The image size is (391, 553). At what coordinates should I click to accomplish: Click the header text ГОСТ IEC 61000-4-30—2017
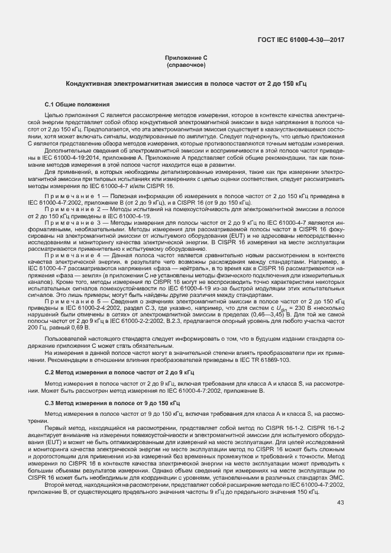point(301,40)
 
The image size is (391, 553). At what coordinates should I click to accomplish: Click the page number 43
point(340,503)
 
